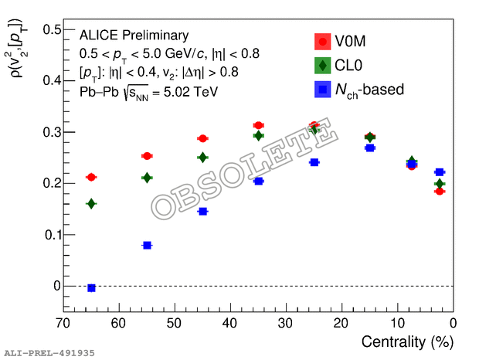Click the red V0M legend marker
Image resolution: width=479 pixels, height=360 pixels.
322,42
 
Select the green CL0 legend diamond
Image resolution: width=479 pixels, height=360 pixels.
322,66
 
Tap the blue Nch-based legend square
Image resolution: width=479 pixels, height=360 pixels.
322,90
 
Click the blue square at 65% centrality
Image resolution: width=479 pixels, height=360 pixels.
91,288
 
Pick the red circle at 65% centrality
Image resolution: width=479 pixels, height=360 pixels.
91,177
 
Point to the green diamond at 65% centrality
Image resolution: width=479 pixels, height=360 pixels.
91,204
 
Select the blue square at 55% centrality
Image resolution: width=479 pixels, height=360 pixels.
147,245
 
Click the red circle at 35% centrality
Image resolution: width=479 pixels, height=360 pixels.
259,125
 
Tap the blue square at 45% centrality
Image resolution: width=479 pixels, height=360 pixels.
202,211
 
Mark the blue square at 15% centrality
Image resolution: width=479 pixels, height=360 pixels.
370,148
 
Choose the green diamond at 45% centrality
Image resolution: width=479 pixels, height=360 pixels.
202,158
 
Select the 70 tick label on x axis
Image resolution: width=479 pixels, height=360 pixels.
63,322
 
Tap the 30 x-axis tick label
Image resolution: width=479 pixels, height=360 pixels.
286,322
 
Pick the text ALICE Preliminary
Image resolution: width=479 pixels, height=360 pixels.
134,36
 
